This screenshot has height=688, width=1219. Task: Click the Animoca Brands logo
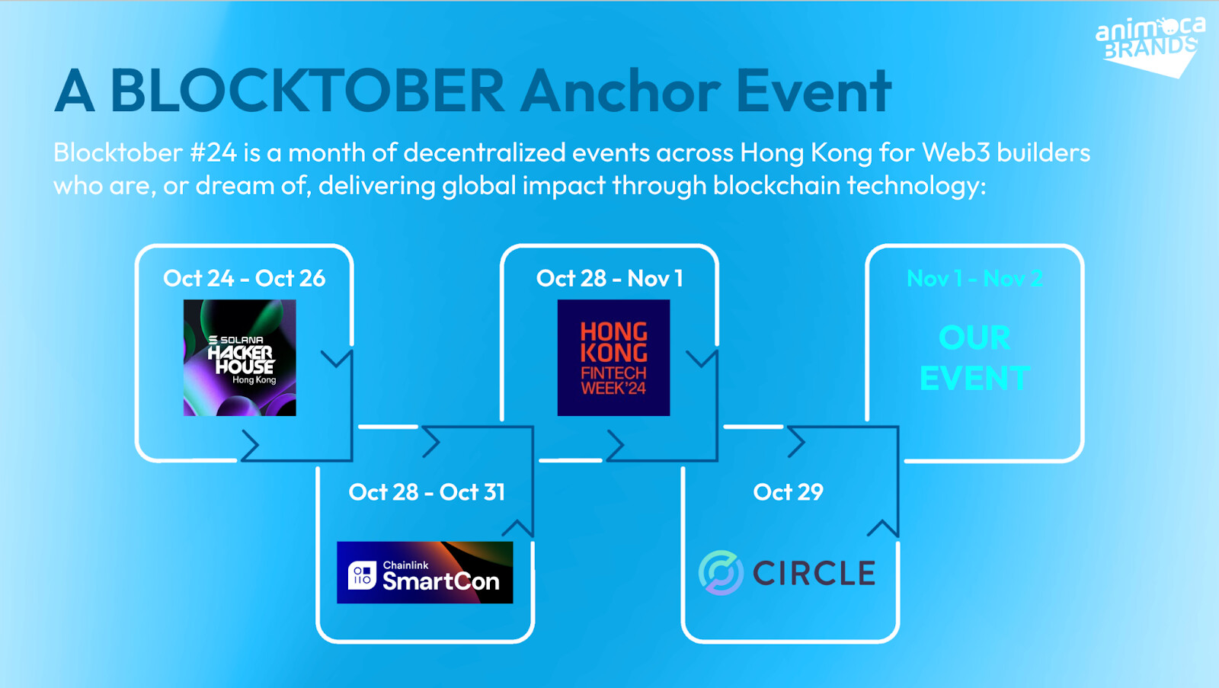coord(1150,46)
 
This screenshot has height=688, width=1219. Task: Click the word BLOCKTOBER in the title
coord(308,91)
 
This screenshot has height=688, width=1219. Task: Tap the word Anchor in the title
coord(621,91)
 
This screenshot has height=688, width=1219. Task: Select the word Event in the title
coord(814,91)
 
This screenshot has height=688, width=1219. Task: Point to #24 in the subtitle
coord(213,152)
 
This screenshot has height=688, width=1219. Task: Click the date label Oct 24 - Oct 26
coord(245,278)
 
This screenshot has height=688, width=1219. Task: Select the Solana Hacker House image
coord(239,357)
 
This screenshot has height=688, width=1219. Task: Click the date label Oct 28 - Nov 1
coord(609,278)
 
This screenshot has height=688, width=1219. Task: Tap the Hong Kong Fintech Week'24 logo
coord(613,357)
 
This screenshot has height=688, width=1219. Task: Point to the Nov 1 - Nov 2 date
coord(974,278)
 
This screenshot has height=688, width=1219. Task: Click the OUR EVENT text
coord(974,357)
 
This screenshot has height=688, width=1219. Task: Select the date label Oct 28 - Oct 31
coord(427,492)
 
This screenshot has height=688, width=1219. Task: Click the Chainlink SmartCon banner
coord(424,572)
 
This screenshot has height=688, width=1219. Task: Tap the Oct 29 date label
coord(788,492)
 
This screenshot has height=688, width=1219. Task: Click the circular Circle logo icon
coord(721,572)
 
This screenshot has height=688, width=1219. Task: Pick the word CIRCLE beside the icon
coord(814,573)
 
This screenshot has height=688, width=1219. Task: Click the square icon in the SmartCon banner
coord(362,574)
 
